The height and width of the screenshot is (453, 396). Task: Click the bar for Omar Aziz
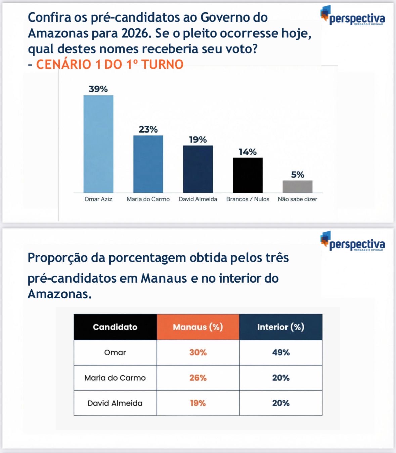[98, 144]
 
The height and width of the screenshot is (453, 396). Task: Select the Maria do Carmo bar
[148, 164]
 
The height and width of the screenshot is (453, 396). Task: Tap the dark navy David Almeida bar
[198, 169]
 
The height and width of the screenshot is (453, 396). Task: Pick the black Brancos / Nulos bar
[248, 175]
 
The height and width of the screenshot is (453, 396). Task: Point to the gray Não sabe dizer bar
[298, 187]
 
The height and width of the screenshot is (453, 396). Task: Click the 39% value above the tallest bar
[98, 89]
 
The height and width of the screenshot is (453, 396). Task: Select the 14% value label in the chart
[248, 152]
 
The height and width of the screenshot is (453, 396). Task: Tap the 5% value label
[298, 175]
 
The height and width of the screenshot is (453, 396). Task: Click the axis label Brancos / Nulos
[248, 199]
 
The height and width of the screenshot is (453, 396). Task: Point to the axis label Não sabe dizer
[298, 199]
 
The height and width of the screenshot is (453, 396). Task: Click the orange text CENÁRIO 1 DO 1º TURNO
[110, 64]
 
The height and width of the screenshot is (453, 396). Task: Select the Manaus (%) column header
[198, 327]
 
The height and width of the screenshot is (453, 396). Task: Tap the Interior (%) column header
[281, 327]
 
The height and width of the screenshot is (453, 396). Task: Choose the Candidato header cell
[115, 327]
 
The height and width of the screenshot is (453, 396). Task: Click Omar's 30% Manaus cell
[198, 352]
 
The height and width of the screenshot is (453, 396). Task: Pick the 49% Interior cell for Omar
[281, 352]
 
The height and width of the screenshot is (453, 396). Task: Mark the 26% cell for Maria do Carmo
[198, 378]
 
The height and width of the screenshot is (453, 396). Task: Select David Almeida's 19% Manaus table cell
[198, 403]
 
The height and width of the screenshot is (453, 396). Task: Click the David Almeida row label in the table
[115, 403]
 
